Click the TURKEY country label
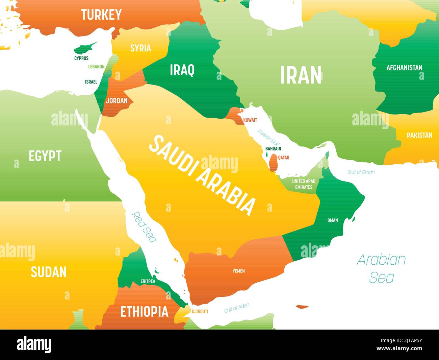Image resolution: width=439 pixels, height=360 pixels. click(x=101, y=15)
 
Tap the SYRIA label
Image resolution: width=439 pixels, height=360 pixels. click(x=140, y=48)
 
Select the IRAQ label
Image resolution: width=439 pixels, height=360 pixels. click(x=182, y=70)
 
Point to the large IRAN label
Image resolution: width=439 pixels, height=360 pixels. click(x=301, y=75)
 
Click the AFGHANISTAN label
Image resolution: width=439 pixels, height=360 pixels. click(x=404, y=68)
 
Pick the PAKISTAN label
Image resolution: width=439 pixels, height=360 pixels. click(x=419, y=135)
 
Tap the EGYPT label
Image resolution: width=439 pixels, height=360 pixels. click(x=45, y=156)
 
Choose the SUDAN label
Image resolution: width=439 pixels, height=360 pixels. click(x=49, y=272)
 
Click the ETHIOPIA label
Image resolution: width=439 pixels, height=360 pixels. click(x=144, y=311)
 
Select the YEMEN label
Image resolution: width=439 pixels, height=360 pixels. click(x=238, y=271)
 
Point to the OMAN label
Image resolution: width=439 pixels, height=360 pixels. click(x=332, y=220)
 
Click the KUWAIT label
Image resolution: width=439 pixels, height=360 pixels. click(x=250, y=120)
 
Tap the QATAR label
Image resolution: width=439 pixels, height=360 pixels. click(x=284, y=158)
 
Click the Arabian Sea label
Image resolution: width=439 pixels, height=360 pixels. click(x=381, y=268)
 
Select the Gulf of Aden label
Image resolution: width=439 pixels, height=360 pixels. click(x=237, y=308)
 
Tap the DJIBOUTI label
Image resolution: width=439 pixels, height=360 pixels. click(x=200, y=311)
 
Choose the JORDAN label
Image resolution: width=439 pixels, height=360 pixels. click(x=117, y=100)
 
